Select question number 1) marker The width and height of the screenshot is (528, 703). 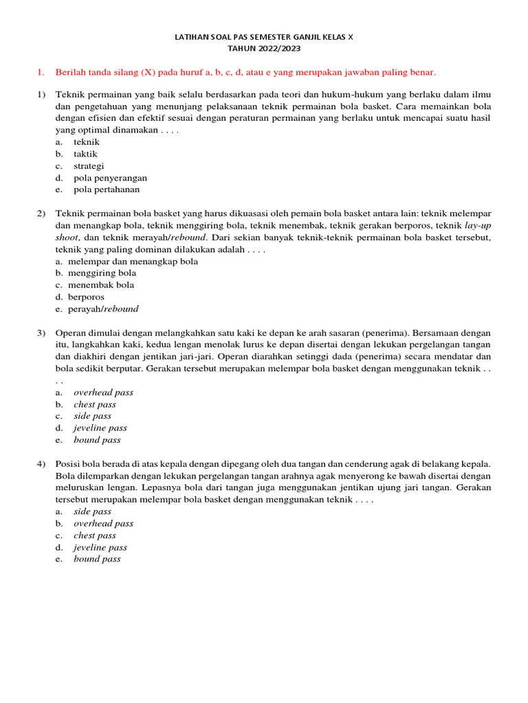41,94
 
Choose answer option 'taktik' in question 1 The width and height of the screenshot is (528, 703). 86,154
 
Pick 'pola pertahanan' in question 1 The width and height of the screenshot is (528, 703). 106,189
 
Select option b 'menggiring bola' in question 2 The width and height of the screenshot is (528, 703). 102,273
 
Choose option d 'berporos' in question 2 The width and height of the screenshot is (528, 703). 86,297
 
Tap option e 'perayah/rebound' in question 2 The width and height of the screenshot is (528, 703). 103,309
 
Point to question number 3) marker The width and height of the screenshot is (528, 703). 41,333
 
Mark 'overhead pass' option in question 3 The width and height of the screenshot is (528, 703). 103,393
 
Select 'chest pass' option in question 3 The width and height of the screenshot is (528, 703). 95,404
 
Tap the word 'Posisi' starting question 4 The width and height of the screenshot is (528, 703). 67,464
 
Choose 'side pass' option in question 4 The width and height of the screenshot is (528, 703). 92,511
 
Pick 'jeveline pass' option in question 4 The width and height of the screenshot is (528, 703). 100,547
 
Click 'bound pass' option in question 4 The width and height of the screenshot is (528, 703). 97,559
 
